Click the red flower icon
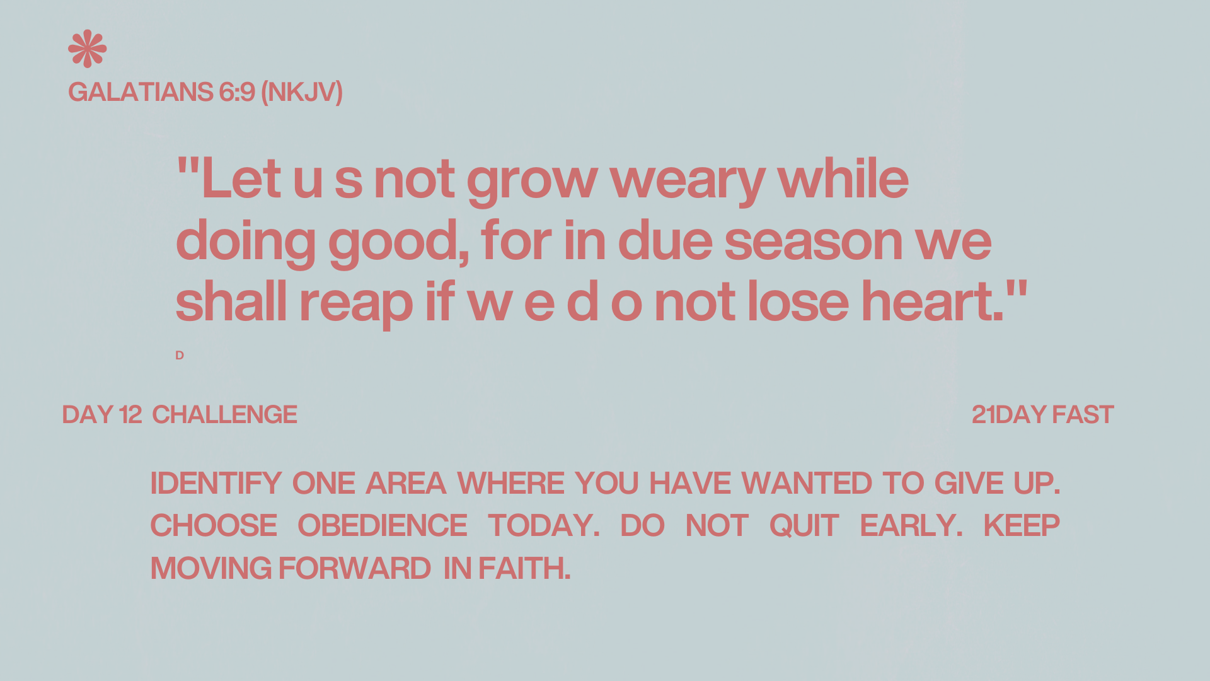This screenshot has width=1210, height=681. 88,49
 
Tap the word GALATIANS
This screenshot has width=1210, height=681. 141,92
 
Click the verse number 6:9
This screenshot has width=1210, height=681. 237,92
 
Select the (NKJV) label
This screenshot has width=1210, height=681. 302,93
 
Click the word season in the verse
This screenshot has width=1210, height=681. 814,242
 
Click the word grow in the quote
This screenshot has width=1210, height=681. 532,182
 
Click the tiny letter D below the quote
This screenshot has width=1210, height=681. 180,356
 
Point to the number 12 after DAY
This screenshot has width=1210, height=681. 130,415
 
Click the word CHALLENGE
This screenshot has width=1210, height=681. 224,415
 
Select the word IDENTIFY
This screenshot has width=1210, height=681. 216,484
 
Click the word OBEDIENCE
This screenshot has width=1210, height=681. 383,526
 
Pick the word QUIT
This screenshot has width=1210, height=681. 804,526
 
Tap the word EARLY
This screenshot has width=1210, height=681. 911,526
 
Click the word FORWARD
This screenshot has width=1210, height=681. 355,569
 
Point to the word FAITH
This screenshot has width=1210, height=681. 524,569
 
